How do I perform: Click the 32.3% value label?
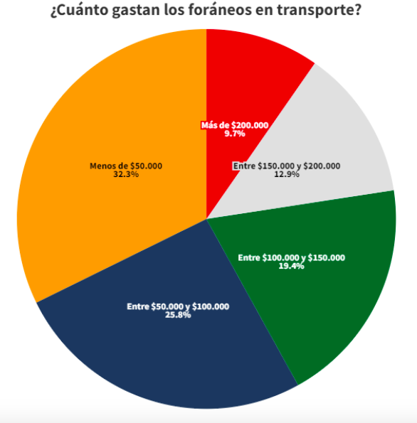click(126, 174)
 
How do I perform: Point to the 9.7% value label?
click(235, 133)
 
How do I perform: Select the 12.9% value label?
click(287, 174)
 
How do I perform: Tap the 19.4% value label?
click(292, 266)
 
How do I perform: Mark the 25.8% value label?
click(178, 314)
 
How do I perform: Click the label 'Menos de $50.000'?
click(126, 166)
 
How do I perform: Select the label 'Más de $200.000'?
click(235, 125)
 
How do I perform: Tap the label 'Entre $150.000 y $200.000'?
click(287, 166)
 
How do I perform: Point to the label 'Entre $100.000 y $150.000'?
click(292, 257)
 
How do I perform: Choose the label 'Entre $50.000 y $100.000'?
click(178, 306)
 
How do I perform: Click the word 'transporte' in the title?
click(322, 12)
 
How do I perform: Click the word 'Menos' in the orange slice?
click(102, 166)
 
